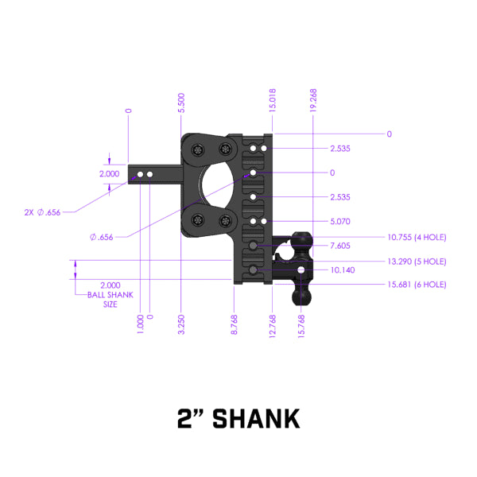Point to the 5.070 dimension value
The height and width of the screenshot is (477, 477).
[x=340, y=222]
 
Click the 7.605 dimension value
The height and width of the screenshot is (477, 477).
[x=340, y=246]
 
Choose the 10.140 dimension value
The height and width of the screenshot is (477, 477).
[x=340, y=270]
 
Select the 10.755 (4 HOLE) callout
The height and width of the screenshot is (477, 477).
[x=416, y=237]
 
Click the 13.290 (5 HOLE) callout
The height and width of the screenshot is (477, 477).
[x=416, y=261]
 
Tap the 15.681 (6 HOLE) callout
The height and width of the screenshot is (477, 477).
[x=416, y=285]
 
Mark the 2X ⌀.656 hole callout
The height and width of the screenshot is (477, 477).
[x=42, y=212]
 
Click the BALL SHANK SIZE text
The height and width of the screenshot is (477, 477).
[x=111, y=299]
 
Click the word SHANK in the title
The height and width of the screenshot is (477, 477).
[x=259, y=418]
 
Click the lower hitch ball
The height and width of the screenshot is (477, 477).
[x=303, y=296]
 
